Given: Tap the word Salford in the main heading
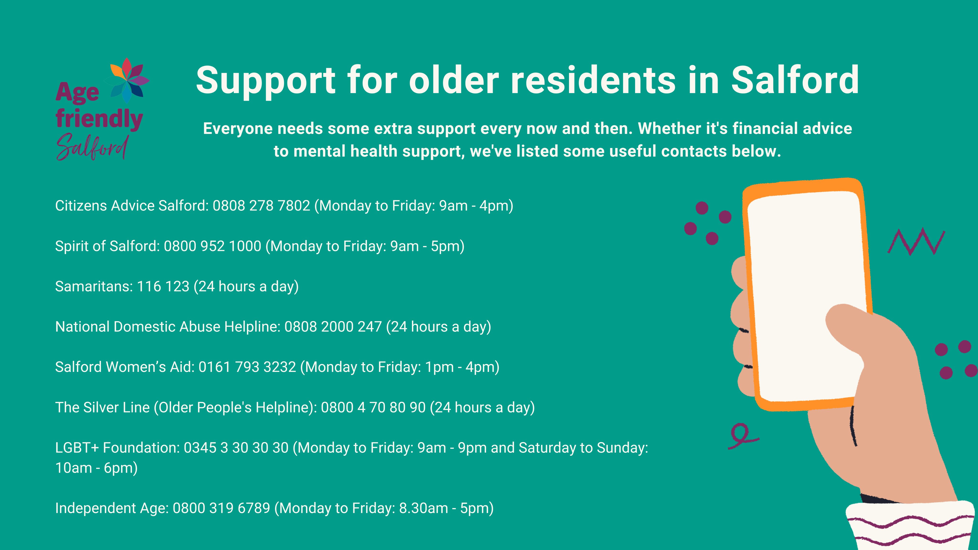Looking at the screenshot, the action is click(x=795, y=80).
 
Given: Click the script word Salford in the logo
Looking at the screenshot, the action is click(x=92, y=147).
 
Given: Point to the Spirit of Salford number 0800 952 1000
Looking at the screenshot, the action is click(x=213, y=246).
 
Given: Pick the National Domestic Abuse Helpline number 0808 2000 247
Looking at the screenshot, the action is click(x=333, y=326).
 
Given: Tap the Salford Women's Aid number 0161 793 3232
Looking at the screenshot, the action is click(x=247, y=367).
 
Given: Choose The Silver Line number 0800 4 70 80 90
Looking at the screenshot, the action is click(x=373, y=407).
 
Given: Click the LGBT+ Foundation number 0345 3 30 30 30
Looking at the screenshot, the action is click(x=236, y=448).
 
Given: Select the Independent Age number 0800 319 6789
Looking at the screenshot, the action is click(x=221, y=508).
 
